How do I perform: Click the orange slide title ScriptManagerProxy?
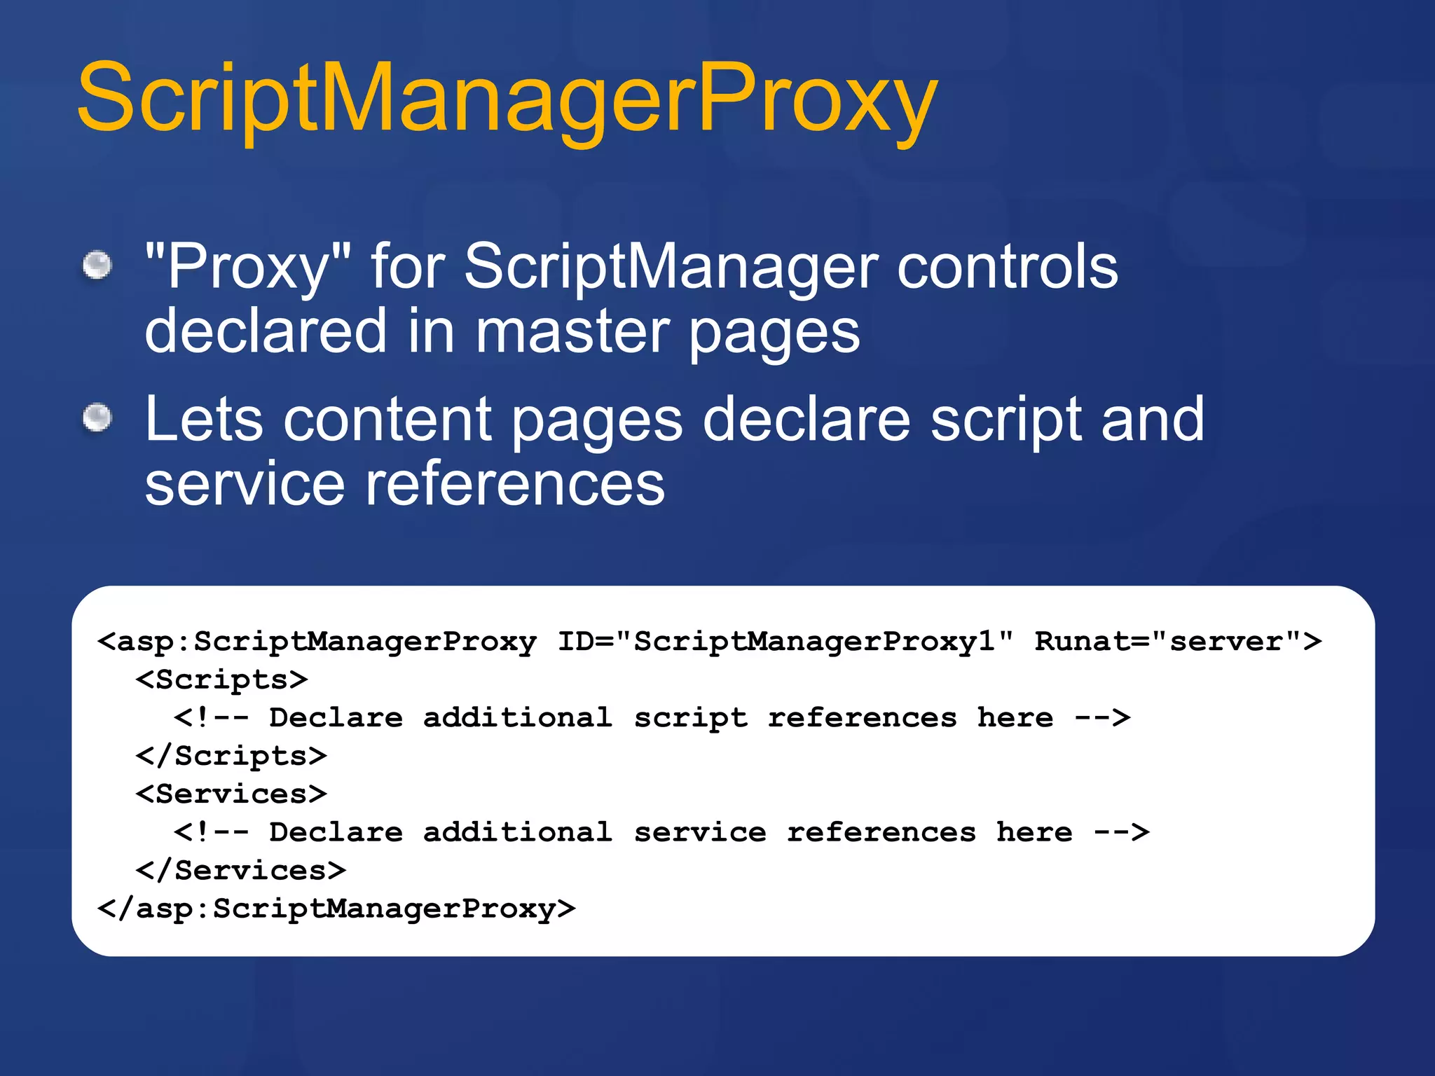click(x=506, y=98)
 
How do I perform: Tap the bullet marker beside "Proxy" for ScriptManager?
click(x=97, y=265)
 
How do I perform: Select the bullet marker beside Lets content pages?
click(x=97, y=418)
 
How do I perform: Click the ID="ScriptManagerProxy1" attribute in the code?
click(x=785, y=642)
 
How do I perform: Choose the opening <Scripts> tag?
click(x=221, y=680)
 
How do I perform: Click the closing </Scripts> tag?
click(x=231, y=756)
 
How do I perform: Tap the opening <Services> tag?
click(x=231, y=794)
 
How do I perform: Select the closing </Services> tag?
click(x=241, y=871)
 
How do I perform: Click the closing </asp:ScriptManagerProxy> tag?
click(x=336, y=909)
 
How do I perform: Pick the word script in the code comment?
click(x=691, y=718)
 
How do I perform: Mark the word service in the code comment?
click(x=700, y=832)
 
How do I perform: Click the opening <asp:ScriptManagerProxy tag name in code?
click(x=317, y=642)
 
